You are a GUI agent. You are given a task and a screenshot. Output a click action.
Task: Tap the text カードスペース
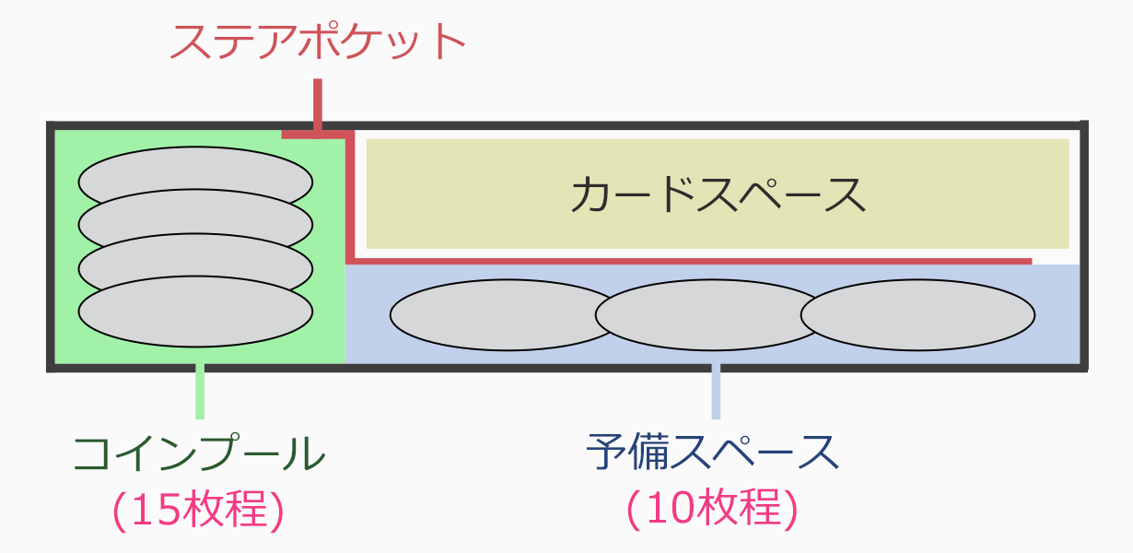coord(718,194)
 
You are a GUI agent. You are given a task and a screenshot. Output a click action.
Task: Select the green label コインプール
coord(199,453)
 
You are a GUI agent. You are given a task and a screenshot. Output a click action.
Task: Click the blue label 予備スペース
coord(713,453)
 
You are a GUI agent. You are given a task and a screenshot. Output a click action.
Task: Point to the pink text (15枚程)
coord(199,510)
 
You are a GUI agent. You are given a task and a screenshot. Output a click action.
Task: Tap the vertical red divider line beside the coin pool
coord(350,198)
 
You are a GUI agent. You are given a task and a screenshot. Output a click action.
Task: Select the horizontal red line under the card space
coord(691,261)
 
